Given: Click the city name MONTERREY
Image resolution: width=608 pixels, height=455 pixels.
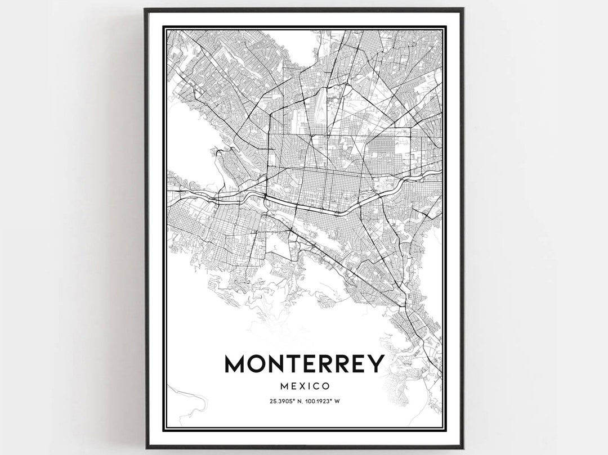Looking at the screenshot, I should coord(304,364).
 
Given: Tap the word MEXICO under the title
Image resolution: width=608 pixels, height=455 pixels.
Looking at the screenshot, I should coord(304,386).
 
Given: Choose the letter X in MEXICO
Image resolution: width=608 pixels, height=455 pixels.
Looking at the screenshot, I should coord(300,386).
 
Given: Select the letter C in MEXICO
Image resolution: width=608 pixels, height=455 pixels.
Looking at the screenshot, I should coord(315,386).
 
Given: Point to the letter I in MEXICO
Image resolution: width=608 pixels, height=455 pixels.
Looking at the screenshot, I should coord(307,386).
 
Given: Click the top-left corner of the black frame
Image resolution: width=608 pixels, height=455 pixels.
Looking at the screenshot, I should coord(145,9).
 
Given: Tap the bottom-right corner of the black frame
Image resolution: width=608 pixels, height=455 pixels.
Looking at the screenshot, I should coord(463,447).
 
